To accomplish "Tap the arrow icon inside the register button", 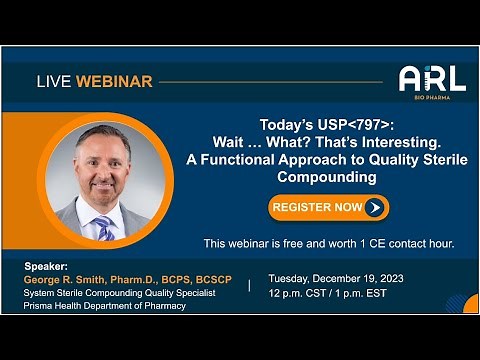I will (374, 208).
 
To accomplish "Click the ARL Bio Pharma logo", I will (431, 80).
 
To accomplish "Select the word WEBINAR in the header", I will (118, 81).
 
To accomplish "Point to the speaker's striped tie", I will (104, 227).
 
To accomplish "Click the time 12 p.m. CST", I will (301, 293).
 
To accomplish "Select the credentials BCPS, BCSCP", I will (195, 280).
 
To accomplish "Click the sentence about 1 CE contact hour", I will (329, 243).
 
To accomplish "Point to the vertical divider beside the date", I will (249, 285).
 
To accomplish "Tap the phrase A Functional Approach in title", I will (257, 160).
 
